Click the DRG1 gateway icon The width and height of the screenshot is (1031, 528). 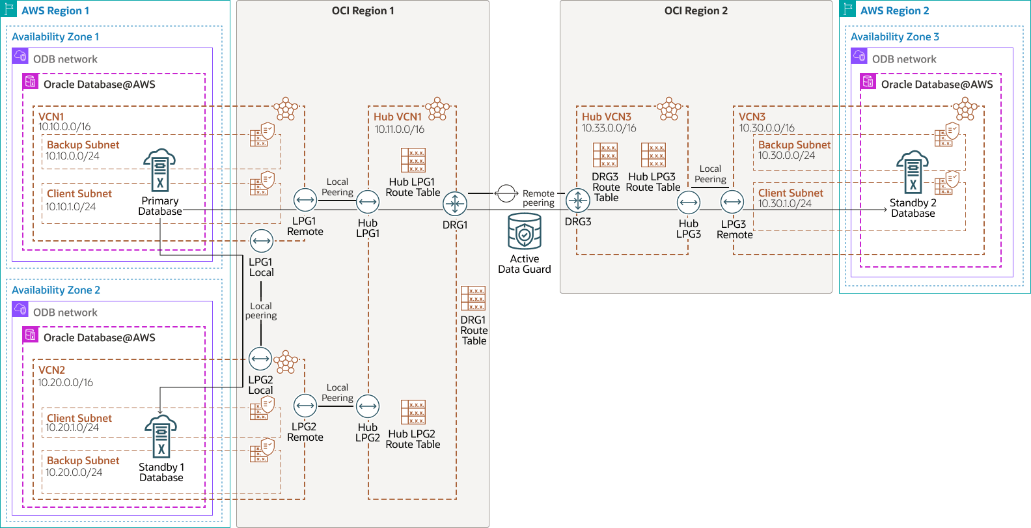tap(455, 204)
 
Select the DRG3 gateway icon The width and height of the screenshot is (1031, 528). tap(578, 201)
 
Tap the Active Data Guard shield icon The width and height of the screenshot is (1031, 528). tap(525, 232)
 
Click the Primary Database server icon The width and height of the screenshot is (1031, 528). tap(159, 171)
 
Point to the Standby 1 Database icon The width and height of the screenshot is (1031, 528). tap(161, 436)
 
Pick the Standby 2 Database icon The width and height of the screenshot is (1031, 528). tap(913, 173)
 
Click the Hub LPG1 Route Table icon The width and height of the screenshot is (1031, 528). tap(413, 160)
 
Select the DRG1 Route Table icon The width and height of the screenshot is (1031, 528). tap(473, 298)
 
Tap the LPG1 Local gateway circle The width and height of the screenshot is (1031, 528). tap(262, 241)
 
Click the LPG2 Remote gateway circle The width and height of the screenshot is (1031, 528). tap(305, 406)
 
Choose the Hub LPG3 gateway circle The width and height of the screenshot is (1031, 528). tap(689, 203)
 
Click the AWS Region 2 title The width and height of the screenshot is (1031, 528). tap(894, 11)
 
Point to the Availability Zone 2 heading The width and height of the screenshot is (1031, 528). tap(56, 290)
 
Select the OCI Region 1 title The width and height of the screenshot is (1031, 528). tap(363, 11)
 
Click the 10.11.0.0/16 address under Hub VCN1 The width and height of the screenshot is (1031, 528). tap(399, 130)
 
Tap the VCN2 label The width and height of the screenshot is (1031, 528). tap(51, 370)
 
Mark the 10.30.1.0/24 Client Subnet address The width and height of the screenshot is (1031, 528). tap(785, 204)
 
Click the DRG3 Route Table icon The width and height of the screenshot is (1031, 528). tap(605, 155)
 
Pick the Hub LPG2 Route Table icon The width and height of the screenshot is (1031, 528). tap(413, 412)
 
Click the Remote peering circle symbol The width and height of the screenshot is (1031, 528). tap(506, 193)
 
